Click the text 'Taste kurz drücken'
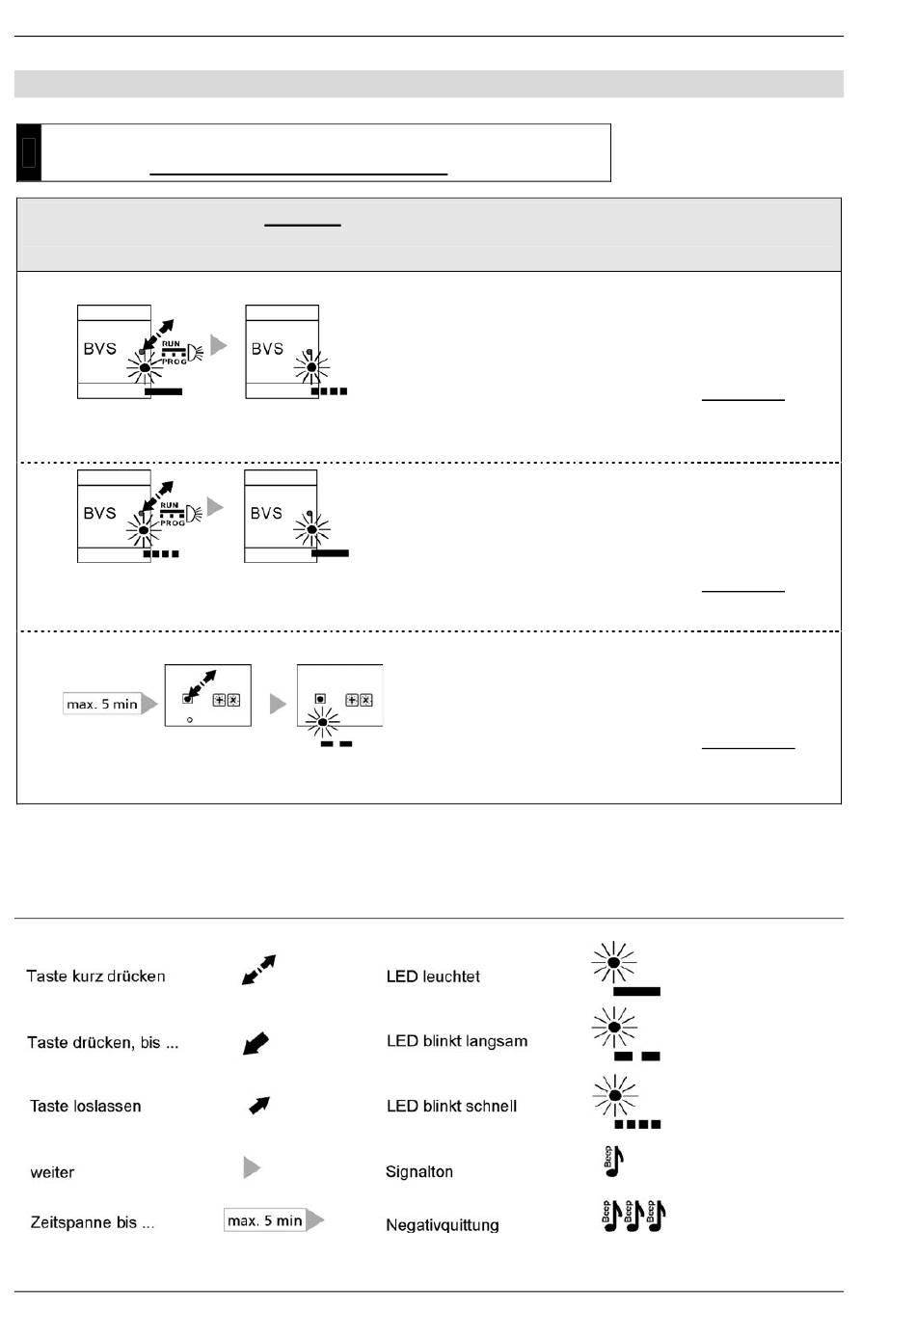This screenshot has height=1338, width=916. (x=95, y=976)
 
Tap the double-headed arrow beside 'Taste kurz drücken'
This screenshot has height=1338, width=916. (x=258, y=970)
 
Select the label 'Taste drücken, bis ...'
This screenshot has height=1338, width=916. (x=102, y=1042)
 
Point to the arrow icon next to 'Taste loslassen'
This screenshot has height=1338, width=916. (x=259, y=1105)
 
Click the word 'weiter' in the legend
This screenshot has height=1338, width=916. (x=52, y=1172)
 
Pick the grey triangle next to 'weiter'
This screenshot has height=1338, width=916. (x=252, y=1167)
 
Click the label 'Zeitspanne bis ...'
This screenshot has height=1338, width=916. (x=93, y=1222)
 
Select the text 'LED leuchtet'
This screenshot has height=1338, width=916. (x=433, y=977)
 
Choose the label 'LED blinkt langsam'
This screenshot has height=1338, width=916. (x=457, y=1041)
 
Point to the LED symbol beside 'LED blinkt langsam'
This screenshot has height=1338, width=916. (x=621, y=1033)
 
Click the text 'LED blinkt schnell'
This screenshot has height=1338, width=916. (x=451, y=1106)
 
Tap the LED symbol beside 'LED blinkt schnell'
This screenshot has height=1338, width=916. (x=622, y=1101)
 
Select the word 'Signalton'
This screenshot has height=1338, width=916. (x=419, y=1171)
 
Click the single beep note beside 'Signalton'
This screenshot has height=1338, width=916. (x=613, y=1162)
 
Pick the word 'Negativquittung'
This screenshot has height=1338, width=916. (x=443, y=1225)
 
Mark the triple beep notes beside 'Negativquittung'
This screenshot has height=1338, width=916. (x=633, y=1217)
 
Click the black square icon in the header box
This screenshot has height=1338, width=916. (x=29, y=152)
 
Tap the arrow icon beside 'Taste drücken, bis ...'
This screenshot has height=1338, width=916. (x=256, y=1042)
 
